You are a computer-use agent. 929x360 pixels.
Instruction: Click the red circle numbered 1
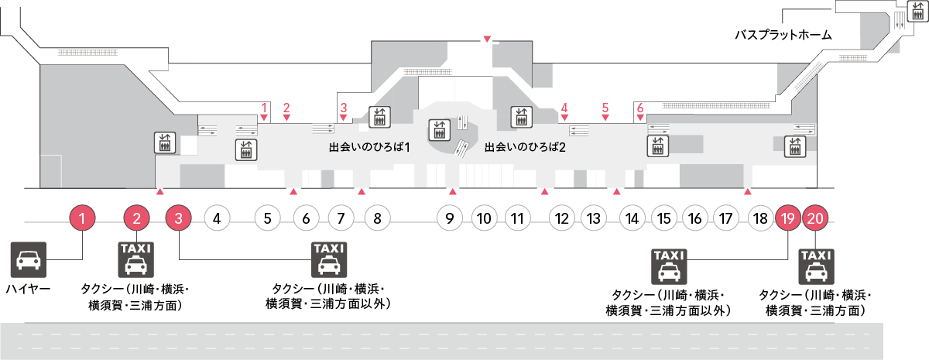pos(83,218)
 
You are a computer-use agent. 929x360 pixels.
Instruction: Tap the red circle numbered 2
pos(137,218)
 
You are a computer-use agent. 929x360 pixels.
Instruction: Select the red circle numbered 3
pos(179,218)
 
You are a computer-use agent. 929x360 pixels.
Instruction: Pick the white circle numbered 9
pos(449,218)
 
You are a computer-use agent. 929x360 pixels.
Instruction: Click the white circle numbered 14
pos(632,218)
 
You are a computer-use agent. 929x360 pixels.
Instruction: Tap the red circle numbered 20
pos(814,218)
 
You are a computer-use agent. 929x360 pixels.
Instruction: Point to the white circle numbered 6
pos(306,218)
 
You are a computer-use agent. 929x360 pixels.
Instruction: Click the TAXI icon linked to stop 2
pos(135,259)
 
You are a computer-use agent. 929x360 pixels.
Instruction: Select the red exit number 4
pos(564,108)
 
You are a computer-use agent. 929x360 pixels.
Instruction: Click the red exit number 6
pos(640,108)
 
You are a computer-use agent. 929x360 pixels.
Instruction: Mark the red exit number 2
pos(286,108)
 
